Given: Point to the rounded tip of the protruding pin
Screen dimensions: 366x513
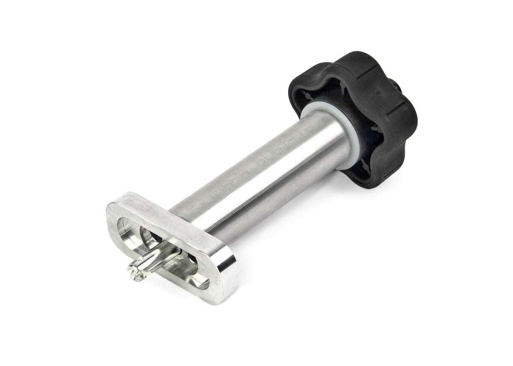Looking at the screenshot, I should (136, 274).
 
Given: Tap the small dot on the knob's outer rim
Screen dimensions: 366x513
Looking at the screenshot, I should (379, 91).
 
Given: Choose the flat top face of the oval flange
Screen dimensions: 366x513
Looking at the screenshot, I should (171, 218).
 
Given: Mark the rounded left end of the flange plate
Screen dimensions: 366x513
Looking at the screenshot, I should (112, 218).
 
